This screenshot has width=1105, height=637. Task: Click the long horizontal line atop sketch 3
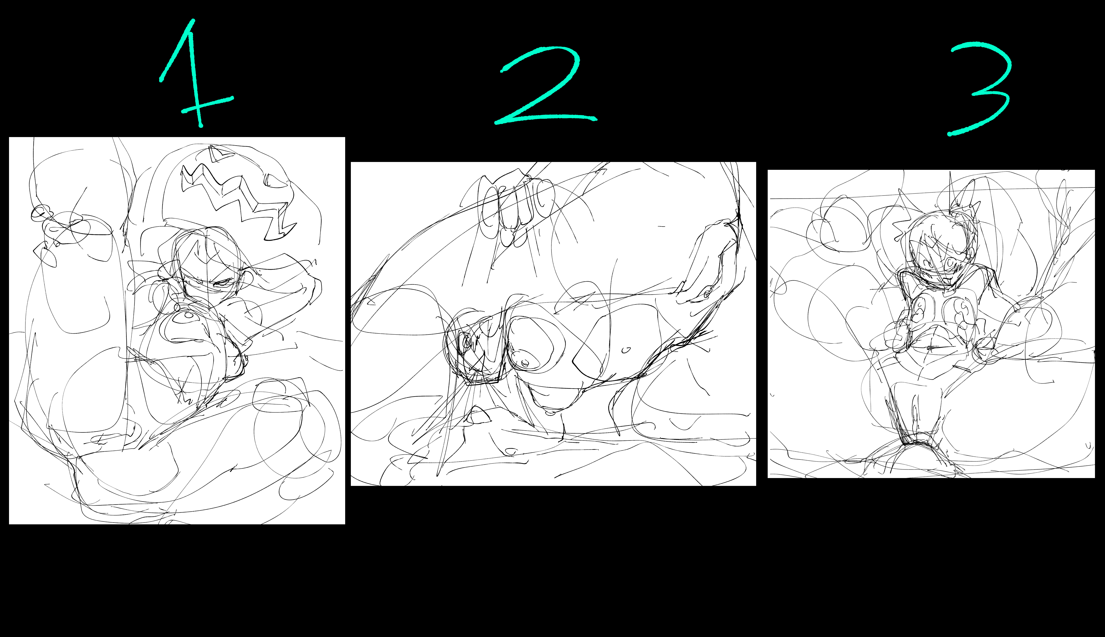[x=931, y=193]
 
